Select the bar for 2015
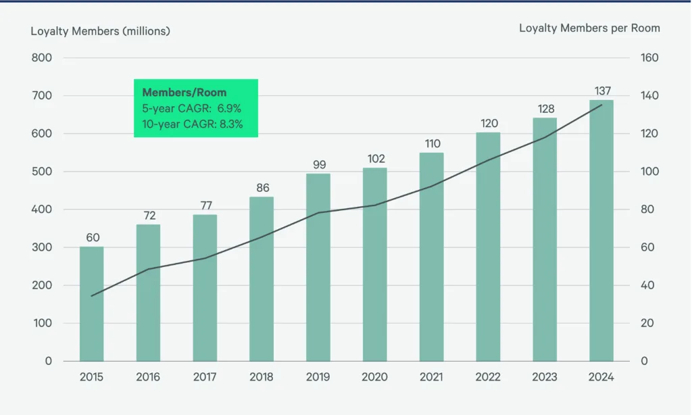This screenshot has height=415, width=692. (x=92, y=304)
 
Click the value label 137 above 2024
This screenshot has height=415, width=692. (x=601, y=91)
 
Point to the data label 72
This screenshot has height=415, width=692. (x=149, y=215)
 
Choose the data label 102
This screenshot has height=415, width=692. (x=375, y=159)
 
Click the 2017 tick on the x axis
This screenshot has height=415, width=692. (x=205, y=377)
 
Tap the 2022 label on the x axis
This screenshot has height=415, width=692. (x=488, y=377)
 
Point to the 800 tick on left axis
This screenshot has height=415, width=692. (x=41, y=58)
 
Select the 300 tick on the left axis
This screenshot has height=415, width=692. (x=41, y=247)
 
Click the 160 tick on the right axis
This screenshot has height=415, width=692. (x=649, y=58)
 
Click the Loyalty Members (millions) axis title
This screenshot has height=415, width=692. (x=100, y=30)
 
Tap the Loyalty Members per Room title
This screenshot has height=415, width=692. (x=589, y=28)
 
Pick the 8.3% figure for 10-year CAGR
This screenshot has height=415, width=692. (x=229, y=124)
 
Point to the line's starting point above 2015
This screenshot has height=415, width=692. (x=92, y=295)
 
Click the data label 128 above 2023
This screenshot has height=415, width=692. (x=545, y=109)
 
